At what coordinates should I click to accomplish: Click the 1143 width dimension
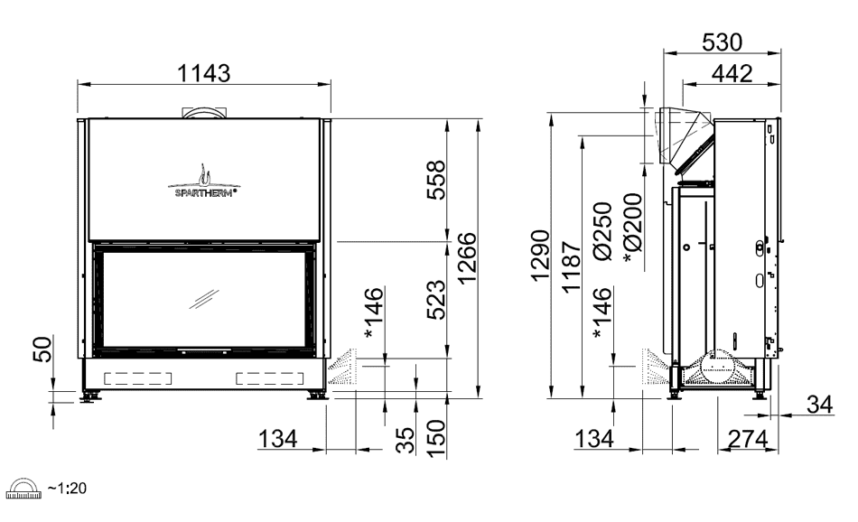point(204,73)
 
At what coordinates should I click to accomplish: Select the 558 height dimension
point(436,180)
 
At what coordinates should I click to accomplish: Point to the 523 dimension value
point(436,300)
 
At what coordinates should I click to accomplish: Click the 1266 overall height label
point(467,257)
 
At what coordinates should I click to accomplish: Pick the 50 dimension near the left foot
point(42,350)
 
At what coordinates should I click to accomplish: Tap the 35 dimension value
point(406,441)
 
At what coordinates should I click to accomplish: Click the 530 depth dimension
point(722,42)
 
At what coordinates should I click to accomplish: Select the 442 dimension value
point(732,73)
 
